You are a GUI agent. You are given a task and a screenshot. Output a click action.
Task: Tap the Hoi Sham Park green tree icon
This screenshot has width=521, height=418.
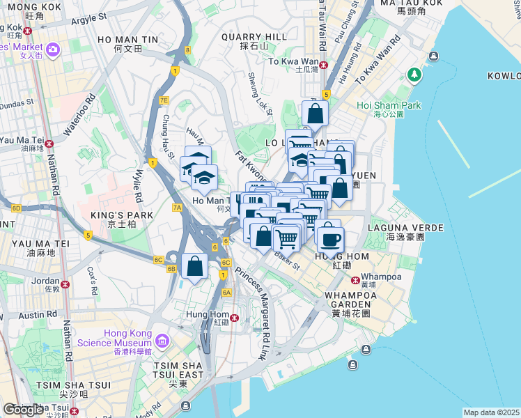click(x=415, y=73)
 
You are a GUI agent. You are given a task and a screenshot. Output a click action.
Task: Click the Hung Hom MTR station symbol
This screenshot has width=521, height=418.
click(x=235, y=318)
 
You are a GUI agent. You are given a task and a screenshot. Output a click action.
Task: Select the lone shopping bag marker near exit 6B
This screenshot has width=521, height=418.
click(x=195, y=267)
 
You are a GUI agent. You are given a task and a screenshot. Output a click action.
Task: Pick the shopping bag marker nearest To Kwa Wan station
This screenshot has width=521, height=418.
click(x=315, y=114)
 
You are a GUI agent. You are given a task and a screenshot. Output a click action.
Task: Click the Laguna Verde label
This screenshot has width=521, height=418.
click(x=414, y=228)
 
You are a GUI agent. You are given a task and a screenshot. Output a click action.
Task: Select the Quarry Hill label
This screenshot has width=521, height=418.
click(x=254, y=36)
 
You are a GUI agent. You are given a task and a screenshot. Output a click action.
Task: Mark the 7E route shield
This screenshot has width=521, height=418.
click(x=164, y=100)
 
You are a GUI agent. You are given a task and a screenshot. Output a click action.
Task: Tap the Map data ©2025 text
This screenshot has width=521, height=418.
click(x=492, y=412)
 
